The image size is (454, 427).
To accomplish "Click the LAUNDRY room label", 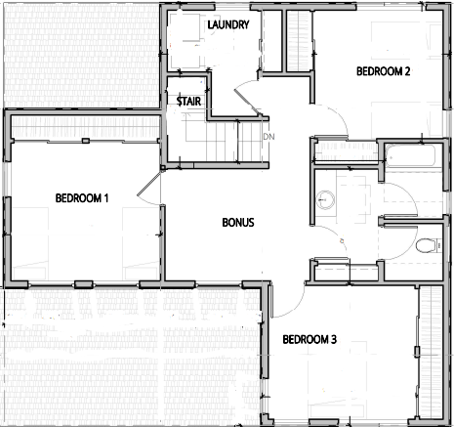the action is [x=228, y=24].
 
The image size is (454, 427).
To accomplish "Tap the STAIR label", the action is [x=188, y=102].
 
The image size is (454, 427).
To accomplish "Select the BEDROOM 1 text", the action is [x=82, y=198].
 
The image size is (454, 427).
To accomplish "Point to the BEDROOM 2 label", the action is [x=383, y=71].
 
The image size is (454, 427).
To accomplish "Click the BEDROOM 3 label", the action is [x=310, y=339].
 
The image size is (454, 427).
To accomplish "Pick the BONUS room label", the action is [x=238, y=223].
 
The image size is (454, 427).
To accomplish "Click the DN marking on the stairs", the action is [x=268, y=137].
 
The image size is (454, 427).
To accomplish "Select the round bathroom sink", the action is [x=325, y=200].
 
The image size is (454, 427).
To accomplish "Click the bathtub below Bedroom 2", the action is [x=410, y=155].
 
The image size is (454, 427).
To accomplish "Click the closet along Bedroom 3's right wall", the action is [x=431, y=351].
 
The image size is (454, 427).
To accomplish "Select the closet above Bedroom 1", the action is [x=85, y=128].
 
